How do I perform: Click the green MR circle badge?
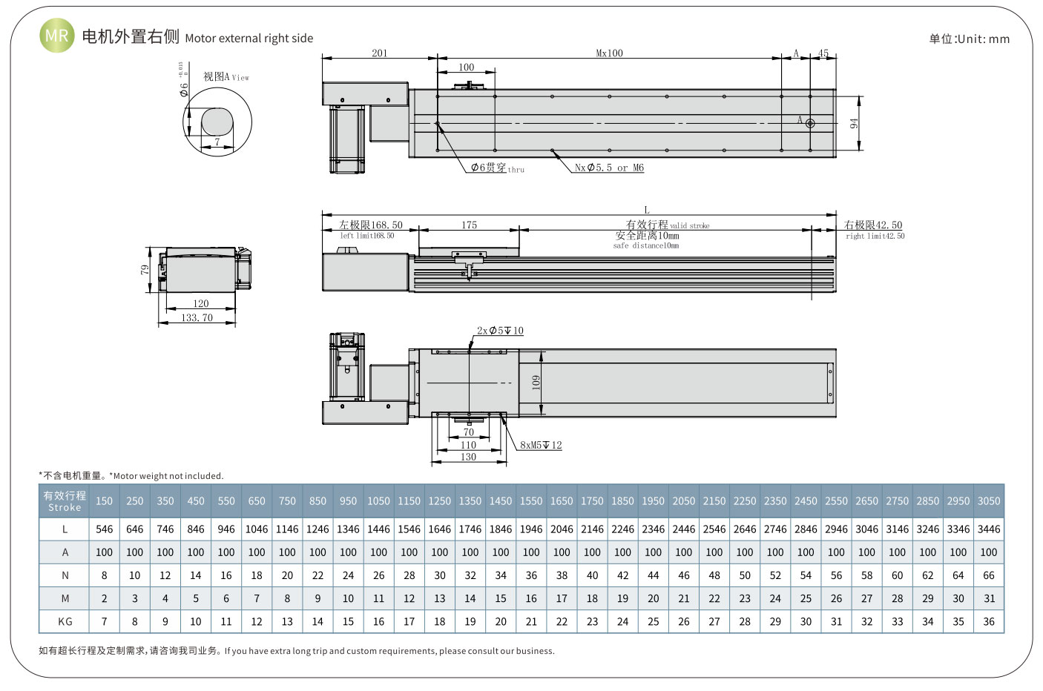point(56,36)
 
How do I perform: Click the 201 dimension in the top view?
point(379,53)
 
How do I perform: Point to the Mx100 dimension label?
point(609,53)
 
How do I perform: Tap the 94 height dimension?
point(854,123)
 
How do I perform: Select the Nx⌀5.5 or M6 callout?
point(609,168)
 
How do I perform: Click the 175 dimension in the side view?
point(469,225)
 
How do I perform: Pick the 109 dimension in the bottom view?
point(536,383)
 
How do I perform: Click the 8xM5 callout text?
point(541,445)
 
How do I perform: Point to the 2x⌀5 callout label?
point(499,331)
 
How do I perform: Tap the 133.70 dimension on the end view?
point(197,317)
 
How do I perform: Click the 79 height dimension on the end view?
point(145,269)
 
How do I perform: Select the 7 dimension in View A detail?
point(217,142)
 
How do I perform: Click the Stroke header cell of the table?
point(65,501)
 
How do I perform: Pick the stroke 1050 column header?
point(378,501)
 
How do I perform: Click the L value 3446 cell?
point(988,529)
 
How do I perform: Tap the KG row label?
point(65,621)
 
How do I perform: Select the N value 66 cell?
point(988,575)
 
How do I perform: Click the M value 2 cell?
point(104,598)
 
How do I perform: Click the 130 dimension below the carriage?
point(468,457)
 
